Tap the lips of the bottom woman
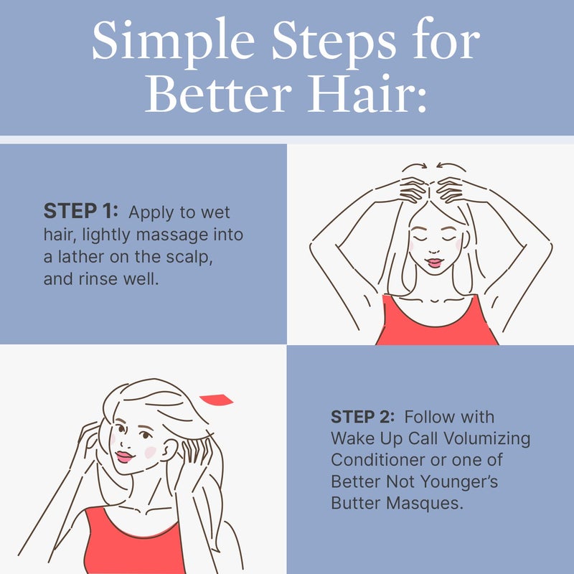pyautogui.click(x=124, y=456)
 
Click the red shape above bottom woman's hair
pyautogui.click(x=216, y=400)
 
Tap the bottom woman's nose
pyautogui.click(x=129, y=441)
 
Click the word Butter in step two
pyautogui.click(x=354, y=503)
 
